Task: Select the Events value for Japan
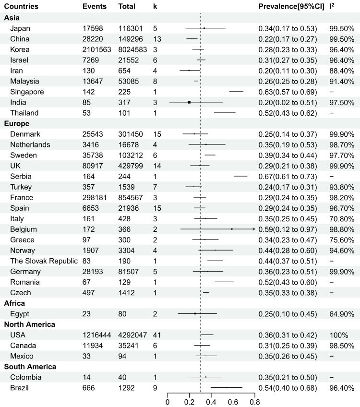93,28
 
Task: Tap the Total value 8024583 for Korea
133,49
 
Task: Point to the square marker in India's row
189,102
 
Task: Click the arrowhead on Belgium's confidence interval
253,229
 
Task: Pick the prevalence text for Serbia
287,176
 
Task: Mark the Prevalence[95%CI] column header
291,7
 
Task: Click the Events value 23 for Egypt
87,314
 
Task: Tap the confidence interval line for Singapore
236,92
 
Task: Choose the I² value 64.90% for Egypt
342,314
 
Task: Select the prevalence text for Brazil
287,388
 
